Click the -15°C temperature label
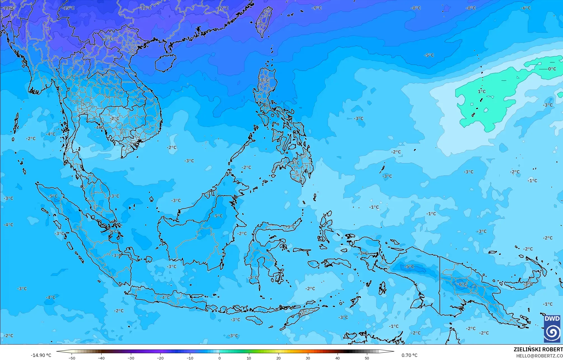pyautogui.click(x=69, y=8)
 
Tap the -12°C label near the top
pyautogui.click(x=222, y=8)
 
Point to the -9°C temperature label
pyautogui.click(x=317, y=8)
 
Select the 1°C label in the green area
pyautogui.click(x=482, y=91)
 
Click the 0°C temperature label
pyautogui.click(x=552, y=69)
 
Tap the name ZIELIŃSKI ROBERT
pyautogui.click(x=538, y=349)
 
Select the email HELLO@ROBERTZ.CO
pyautogui.click(x=539, y=356)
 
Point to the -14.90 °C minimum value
pyautogui.click(x=41, y=355)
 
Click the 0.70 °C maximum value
pyautogui.click(x=409, y=355)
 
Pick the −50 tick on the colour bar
pyautogui.click(x=72, y=358)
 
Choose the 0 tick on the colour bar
pyautogui.click(x=220, y=358)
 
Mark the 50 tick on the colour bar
pyautogui.click(x=367, y=358)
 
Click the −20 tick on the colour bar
pyautogui.click(x=160, y=358)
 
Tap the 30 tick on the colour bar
pyautogui.click(x=308, y=358)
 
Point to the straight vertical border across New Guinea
pyautogui.click(x=440, y=285)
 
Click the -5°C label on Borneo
pyautogui.click(x=218, y=216)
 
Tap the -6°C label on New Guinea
pyautogui.click(x=463, y=284)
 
